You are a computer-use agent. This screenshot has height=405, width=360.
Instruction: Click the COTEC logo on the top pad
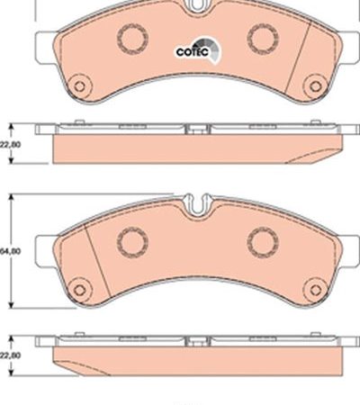coord(198,51)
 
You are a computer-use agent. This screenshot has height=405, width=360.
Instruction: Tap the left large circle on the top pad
coord(132,38)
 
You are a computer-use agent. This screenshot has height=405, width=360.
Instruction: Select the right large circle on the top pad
coord(263,38)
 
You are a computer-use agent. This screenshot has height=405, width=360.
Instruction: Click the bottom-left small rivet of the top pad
coord(79,86)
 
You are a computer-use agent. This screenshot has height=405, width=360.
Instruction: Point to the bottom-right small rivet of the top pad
coord(315,86)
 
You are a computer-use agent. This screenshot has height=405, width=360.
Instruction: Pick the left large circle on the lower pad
coord(132,242)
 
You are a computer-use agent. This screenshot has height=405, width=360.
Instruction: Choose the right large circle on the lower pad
coord(263,242)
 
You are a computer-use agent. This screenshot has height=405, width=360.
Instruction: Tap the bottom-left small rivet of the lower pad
coord(79,290)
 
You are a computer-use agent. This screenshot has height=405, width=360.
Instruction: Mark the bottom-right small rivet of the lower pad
coord(315,290)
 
